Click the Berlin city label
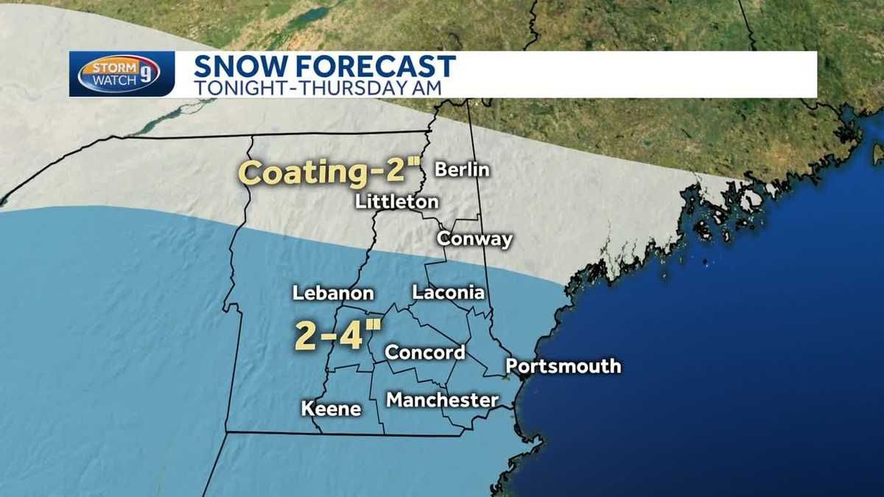462,169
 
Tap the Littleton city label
397,202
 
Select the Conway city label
474,239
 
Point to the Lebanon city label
333,293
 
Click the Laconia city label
448,292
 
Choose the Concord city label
425,353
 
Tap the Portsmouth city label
563,366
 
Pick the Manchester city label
442,400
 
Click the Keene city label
331,409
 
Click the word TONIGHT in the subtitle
234,86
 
